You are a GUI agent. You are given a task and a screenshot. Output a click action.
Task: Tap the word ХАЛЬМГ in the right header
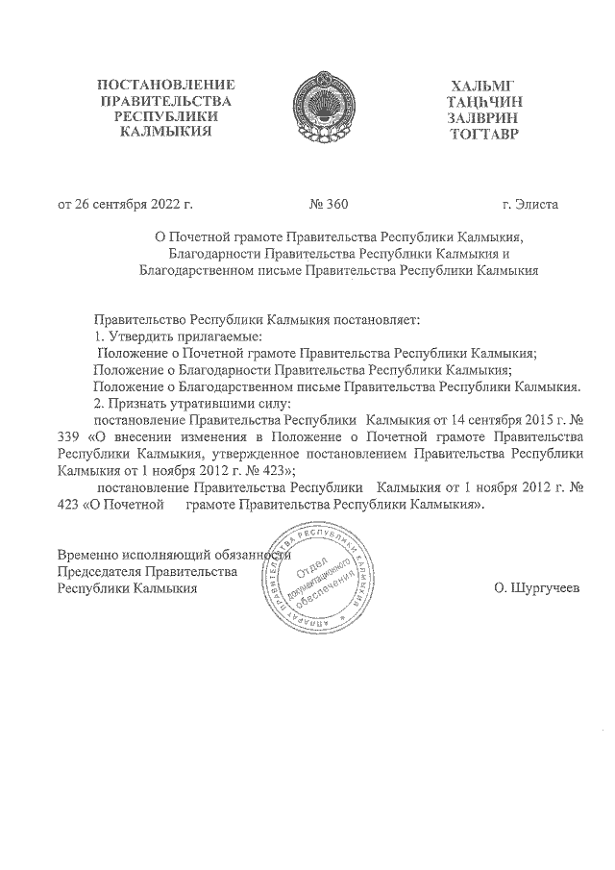[482, 84]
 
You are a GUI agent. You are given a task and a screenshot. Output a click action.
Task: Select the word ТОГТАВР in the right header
[482, 133]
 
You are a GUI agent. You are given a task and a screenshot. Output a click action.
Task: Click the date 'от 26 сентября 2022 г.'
[126, 205]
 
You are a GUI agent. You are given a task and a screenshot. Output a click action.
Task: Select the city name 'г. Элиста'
[529, 205]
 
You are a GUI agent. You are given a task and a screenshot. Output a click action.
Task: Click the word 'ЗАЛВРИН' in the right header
[482, 116]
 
